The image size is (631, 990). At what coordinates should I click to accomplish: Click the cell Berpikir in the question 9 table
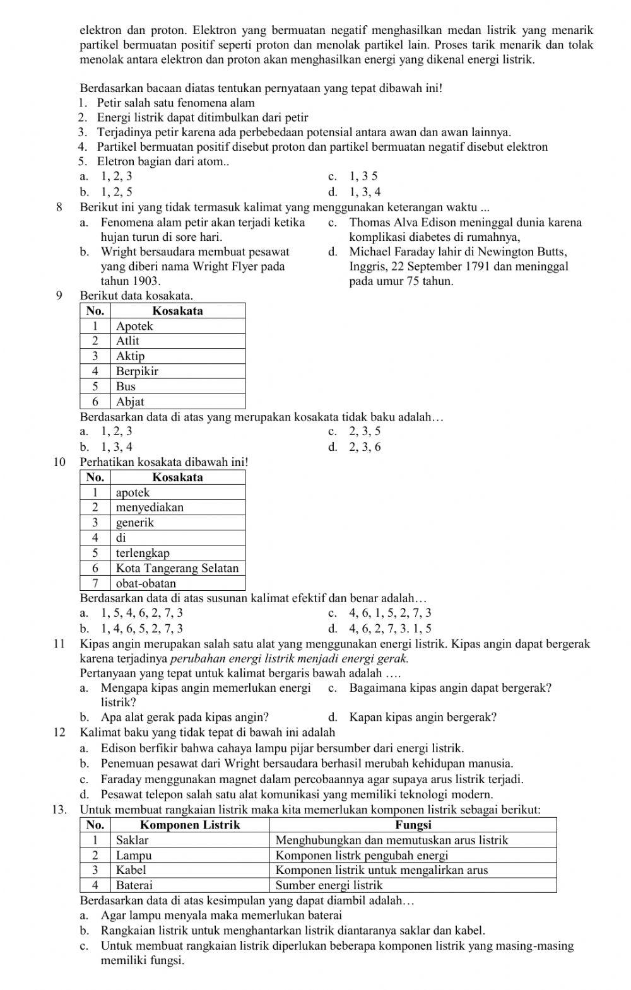click(137, 371)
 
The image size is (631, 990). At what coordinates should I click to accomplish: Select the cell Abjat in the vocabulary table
click(130, 402)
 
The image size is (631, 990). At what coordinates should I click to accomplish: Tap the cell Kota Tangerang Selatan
click(177, 568)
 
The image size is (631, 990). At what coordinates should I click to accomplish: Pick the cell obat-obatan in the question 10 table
click(146, 583)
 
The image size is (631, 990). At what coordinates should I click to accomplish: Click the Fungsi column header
click(413, 825)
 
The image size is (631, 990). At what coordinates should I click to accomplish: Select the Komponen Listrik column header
click(190, 825)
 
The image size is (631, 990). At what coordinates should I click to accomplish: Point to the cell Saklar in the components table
click(132, 840)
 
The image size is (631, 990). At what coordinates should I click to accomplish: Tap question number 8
click(59, 207)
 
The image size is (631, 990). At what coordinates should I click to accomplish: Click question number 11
click(60, 644)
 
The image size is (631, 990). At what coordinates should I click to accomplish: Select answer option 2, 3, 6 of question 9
click(365, 447)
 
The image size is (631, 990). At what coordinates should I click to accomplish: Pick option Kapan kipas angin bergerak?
click(422, 718)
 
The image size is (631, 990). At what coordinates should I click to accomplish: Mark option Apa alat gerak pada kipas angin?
click(184, 718)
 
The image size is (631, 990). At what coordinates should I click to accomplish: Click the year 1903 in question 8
click(146, 281)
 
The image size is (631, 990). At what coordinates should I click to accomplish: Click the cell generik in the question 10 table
click(134, 523)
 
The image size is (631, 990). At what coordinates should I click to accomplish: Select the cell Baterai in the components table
click(134, 885)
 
